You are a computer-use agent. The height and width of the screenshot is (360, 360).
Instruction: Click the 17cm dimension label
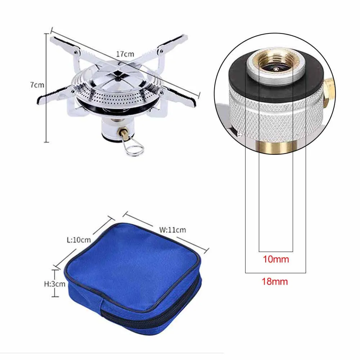(125, 54)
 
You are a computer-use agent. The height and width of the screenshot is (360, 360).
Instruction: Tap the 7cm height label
(37, 85)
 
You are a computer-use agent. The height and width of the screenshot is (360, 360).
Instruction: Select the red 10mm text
(276, 259)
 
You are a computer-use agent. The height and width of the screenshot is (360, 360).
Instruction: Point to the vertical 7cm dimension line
(46, 108)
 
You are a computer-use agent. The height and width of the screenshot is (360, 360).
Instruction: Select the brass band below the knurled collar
(276, 146)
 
